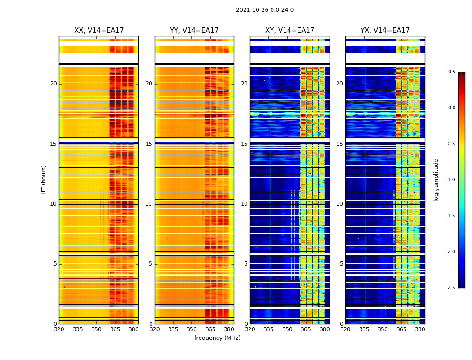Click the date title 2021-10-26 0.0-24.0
[264, 10]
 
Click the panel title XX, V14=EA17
[99, 31]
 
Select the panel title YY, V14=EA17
[194, 31]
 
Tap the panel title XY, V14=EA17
[289, 31]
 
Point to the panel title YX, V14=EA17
[385, 31]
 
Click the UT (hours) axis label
[44, 180]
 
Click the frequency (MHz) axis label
[217, 338]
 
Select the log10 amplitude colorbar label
[436, 180]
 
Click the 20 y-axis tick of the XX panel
[53, 84]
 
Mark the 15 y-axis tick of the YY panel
[149, 144]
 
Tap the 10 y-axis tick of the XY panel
[244, 204]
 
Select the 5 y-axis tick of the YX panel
[341, 264]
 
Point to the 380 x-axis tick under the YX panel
[420, 329]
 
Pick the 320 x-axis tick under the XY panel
[250, 329]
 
